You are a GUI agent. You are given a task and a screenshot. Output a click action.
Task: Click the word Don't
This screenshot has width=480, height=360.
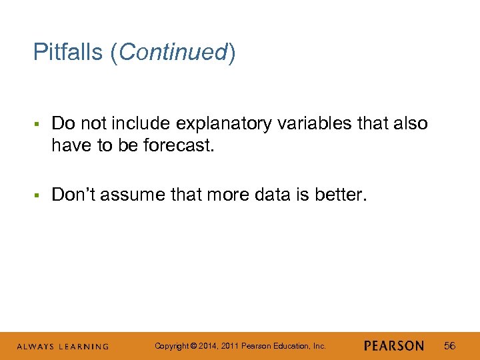[x=72, y=195]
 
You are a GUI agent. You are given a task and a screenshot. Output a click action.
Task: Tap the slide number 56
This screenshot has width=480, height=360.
[x=450, y=346]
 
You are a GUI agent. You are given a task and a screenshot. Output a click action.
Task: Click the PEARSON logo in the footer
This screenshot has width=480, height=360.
[x=394, y=346]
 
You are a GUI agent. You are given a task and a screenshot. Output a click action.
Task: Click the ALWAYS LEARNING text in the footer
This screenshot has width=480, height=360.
[x=63, y=347]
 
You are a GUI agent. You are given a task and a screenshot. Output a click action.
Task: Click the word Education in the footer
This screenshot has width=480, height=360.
[x=291, y=346]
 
